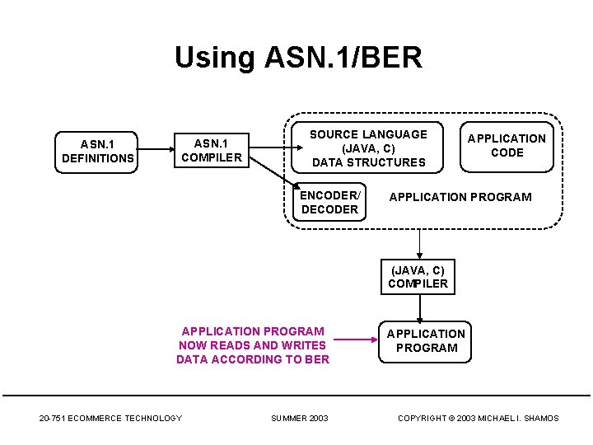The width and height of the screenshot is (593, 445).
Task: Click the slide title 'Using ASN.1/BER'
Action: (298, 58)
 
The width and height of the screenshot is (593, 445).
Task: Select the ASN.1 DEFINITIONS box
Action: (97, 152)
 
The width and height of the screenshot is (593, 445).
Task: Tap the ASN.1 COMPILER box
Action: (212, 150)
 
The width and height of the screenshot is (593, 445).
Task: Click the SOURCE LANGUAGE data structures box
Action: (368, 148)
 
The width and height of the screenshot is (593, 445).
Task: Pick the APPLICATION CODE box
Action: (507, 145)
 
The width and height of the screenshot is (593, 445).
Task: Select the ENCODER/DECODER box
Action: (329, 202)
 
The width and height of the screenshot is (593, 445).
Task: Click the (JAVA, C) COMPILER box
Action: (418, 277)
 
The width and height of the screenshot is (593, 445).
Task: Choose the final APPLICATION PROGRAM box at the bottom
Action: (426, 340)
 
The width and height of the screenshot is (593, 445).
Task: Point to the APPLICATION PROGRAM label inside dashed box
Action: (460, 197)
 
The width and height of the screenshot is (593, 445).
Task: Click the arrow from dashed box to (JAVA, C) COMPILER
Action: (419, 242)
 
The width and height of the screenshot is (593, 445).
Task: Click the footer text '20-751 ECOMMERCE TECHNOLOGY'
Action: (110, 419)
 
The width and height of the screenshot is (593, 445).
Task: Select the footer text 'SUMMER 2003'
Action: (299, 419)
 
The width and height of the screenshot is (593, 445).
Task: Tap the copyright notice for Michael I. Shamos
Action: (478, 419)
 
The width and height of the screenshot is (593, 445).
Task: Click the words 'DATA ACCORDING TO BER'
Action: (252, 359)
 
